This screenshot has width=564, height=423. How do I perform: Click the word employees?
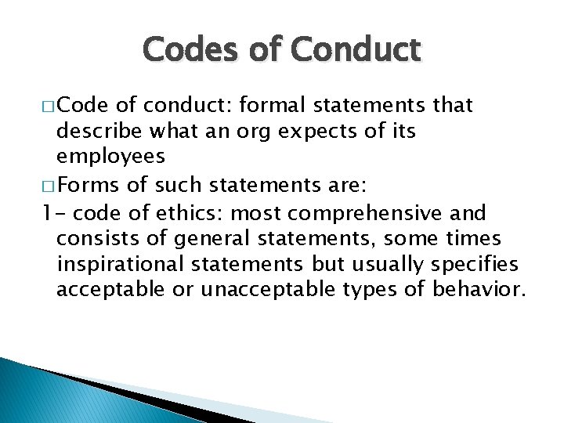pyautogui.click(x=110, y=156)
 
